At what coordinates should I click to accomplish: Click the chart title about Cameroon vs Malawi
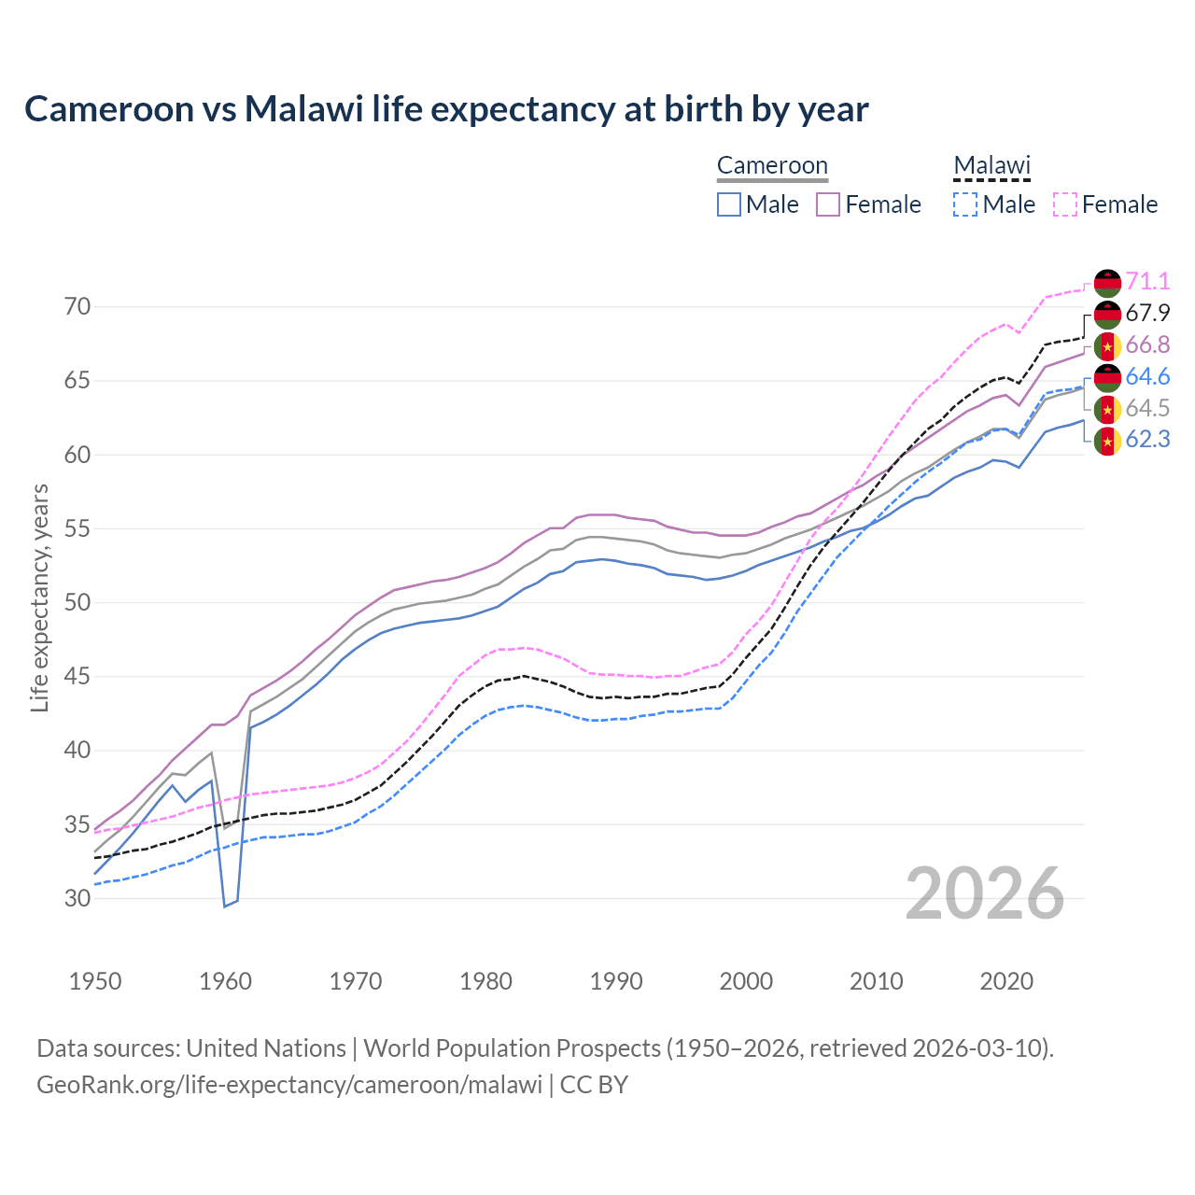tap(446, 109)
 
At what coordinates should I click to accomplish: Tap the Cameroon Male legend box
tap(729, 204)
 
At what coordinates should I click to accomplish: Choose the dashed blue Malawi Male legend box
tap(965, 204)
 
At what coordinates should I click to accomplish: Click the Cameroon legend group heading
tap(772, 166)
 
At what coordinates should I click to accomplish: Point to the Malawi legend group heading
tap(991, 166)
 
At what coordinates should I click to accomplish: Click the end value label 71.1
tap(1147, 281)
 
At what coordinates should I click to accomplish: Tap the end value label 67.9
tap(1147, 313)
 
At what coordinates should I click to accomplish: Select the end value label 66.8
tap(1147, 345)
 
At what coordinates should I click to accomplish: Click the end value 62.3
tap(1147, 439)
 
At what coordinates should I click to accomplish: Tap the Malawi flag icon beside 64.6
tap(1107, 377)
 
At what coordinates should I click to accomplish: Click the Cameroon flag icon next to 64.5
tap(1107, 409)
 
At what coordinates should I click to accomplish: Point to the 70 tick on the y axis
tap(77, 307)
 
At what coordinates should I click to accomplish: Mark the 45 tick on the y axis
tap(77, 677)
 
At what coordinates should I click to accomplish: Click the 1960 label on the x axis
tap(225, 981)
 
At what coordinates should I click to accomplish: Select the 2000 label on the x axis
tap(746, 981)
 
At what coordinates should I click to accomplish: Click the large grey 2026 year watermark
tap(985, 893)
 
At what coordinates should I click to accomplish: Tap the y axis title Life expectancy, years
tap(40, 597)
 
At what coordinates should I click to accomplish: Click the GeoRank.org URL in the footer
tap(289, 1085)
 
